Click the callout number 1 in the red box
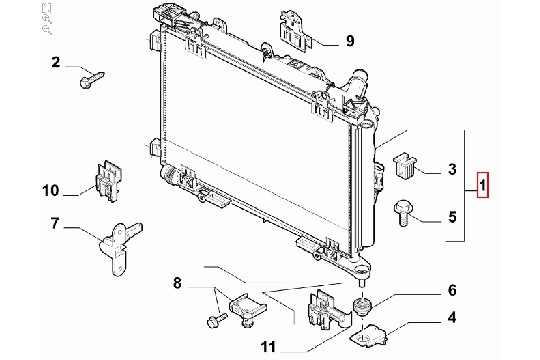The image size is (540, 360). pos(482,185)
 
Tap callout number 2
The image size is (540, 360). pos(55,62)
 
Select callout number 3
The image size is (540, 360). pos(452,169)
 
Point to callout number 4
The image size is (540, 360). pos(452,317)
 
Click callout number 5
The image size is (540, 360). pos(452,217)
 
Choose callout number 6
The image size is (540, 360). pos(452,290)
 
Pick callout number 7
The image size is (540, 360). pos(55,224)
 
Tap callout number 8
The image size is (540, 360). pos(177,284)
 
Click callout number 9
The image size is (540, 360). pos(350,41)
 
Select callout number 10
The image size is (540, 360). pos(51,190)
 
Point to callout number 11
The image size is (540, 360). pos(268,347)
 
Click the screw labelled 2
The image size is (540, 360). pos(92,79)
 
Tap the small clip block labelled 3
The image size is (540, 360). pos(405,166)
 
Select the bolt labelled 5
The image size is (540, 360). pos(402,213)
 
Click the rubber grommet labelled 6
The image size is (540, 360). pos(362,306)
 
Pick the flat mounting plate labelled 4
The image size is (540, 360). pos(368,335)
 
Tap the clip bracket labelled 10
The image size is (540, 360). pos(108,181)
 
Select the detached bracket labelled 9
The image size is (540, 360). pos(296,31)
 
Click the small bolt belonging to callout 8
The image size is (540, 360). pos(217,320)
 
